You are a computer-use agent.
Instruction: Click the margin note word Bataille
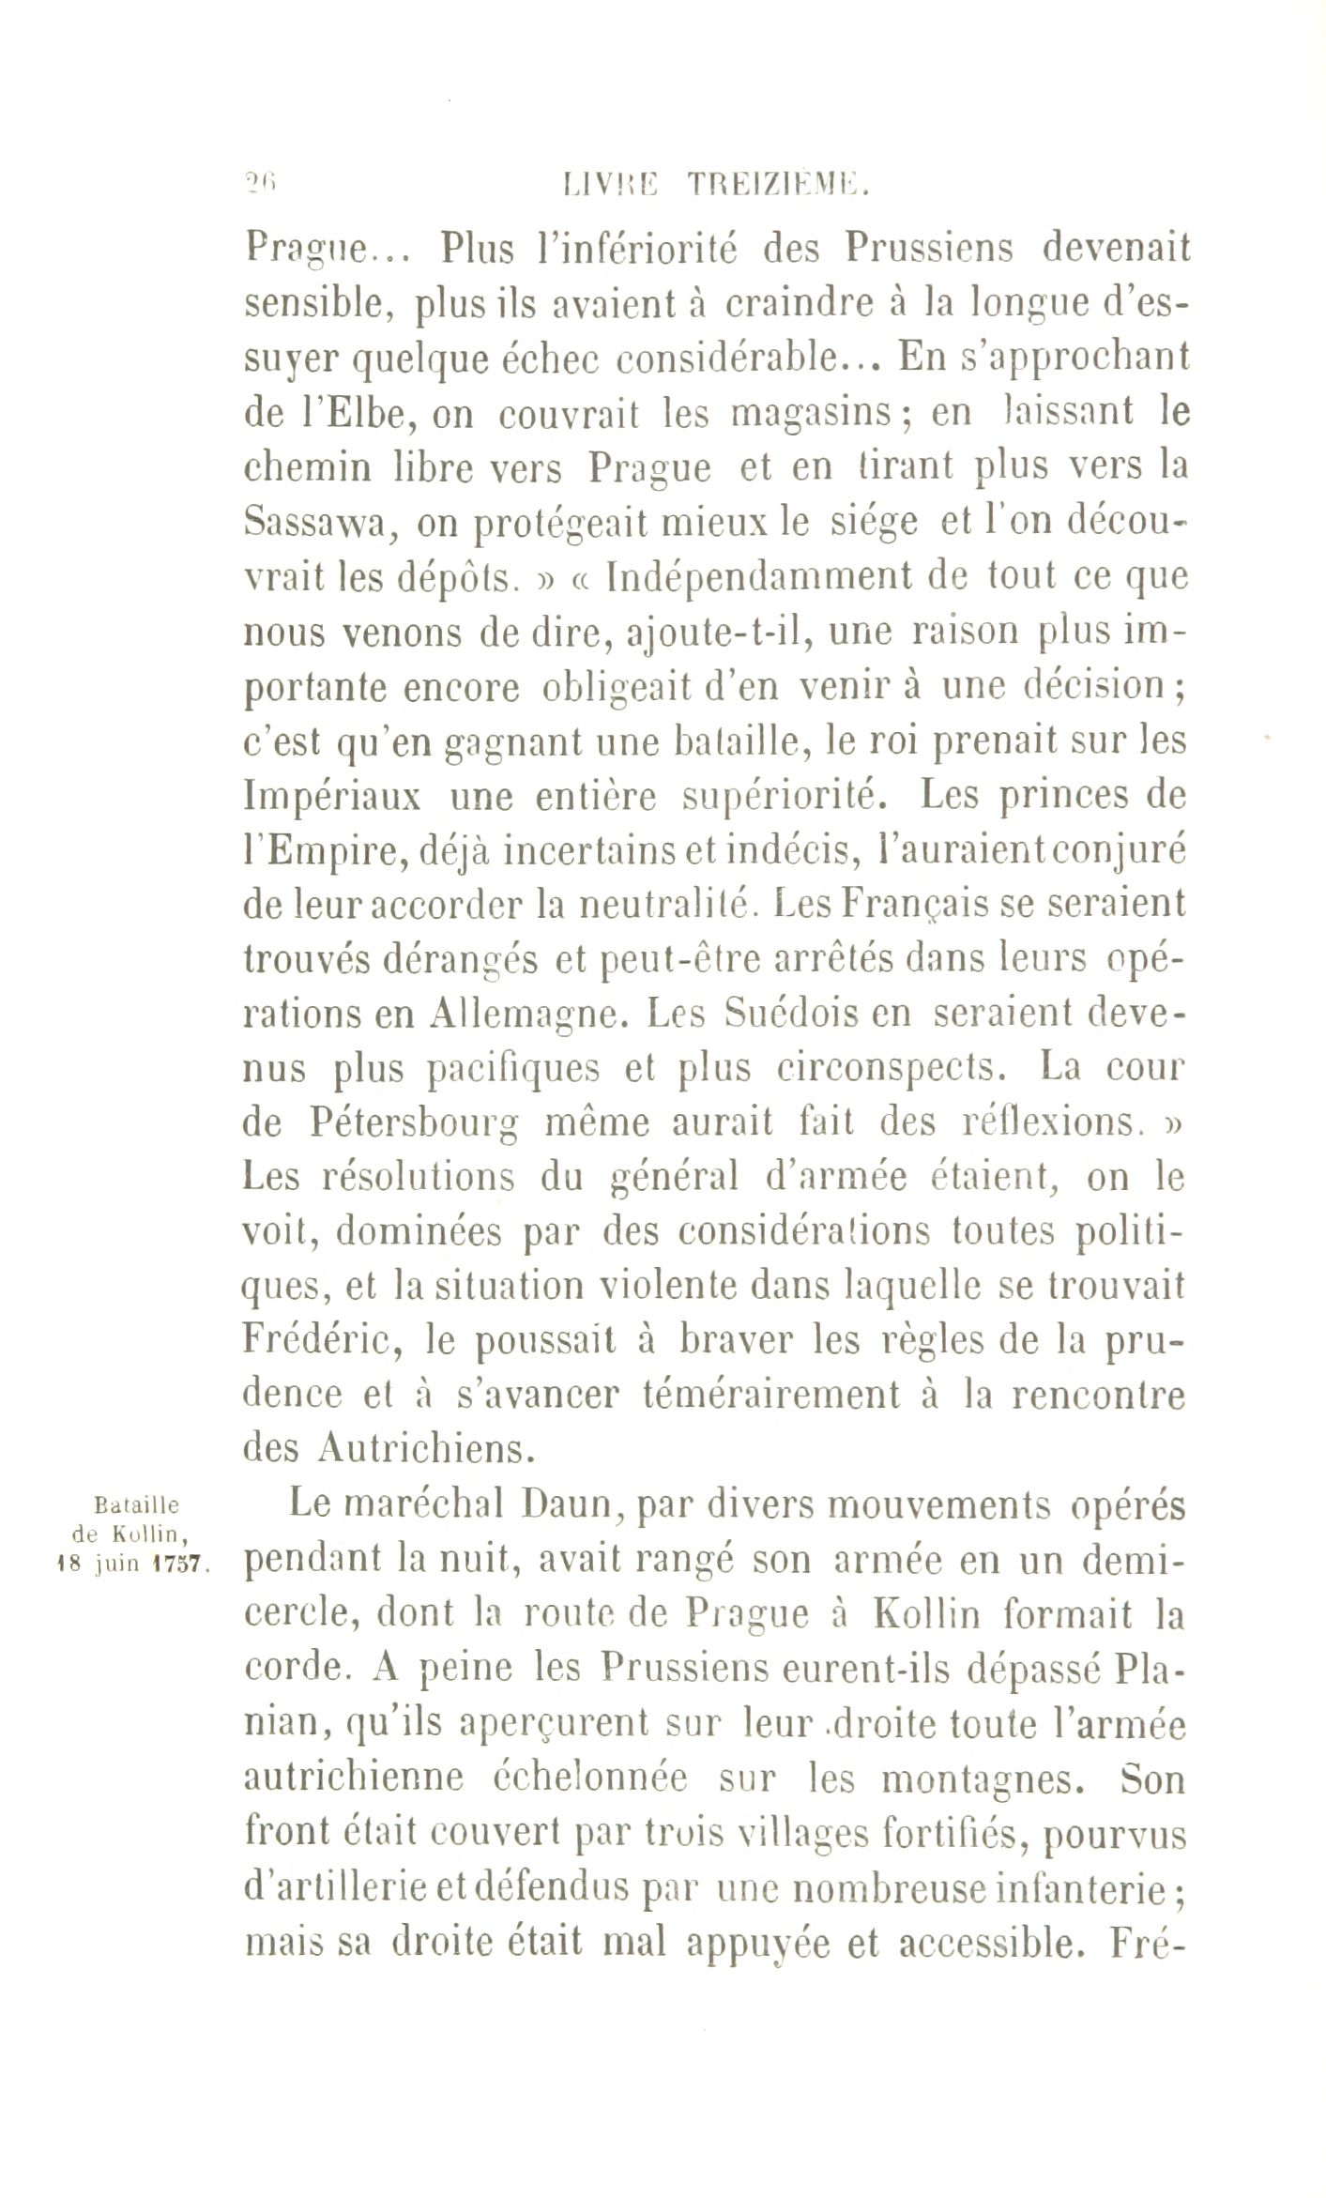[139, 1505]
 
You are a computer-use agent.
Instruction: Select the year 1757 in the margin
[186, 1565]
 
